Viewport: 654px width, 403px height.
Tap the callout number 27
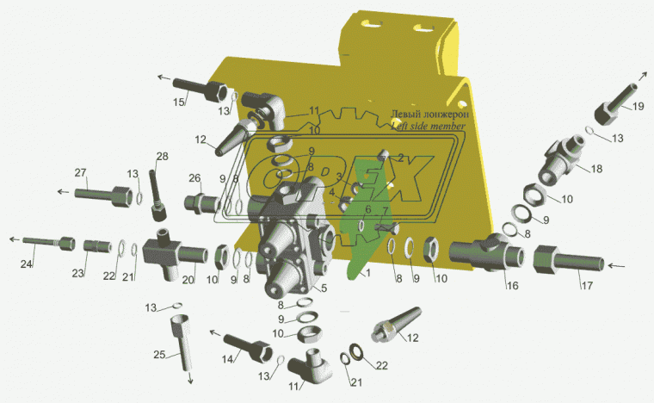[x=80, y=172]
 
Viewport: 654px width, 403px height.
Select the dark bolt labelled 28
[x=156, y=188]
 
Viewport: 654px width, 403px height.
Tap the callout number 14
[x=230, y=360]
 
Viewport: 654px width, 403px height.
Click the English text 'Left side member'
[x=428, y=126]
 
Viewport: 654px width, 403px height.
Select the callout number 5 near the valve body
[x=324, y=288]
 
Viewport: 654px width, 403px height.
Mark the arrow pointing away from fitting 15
[x=162, y=77]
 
